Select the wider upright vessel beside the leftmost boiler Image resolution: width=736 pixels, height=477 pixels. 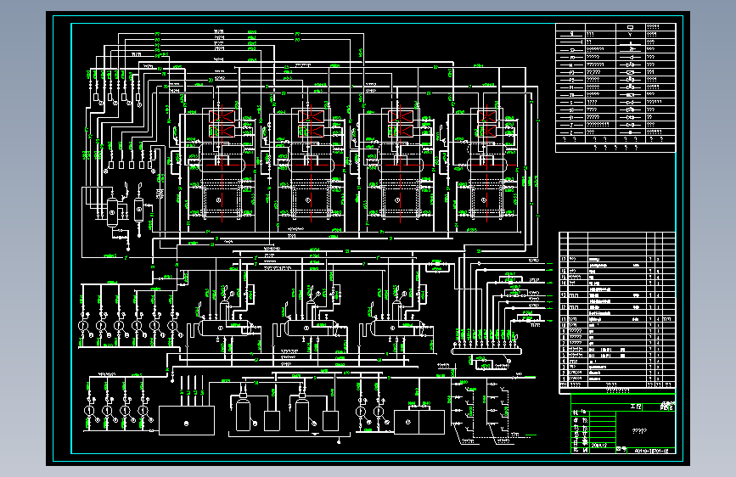(114, 209)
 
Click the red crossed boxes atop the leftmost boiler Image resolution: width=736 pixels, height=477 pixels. (224, 122)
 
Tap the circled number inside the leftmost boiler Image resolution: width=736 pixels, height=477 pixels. (218, 199)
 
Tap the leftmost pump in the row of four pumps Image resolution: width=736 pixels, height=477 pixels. (88, 411)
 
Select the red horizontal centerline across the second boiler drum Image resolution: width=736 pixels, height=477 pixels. (311, 166)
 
